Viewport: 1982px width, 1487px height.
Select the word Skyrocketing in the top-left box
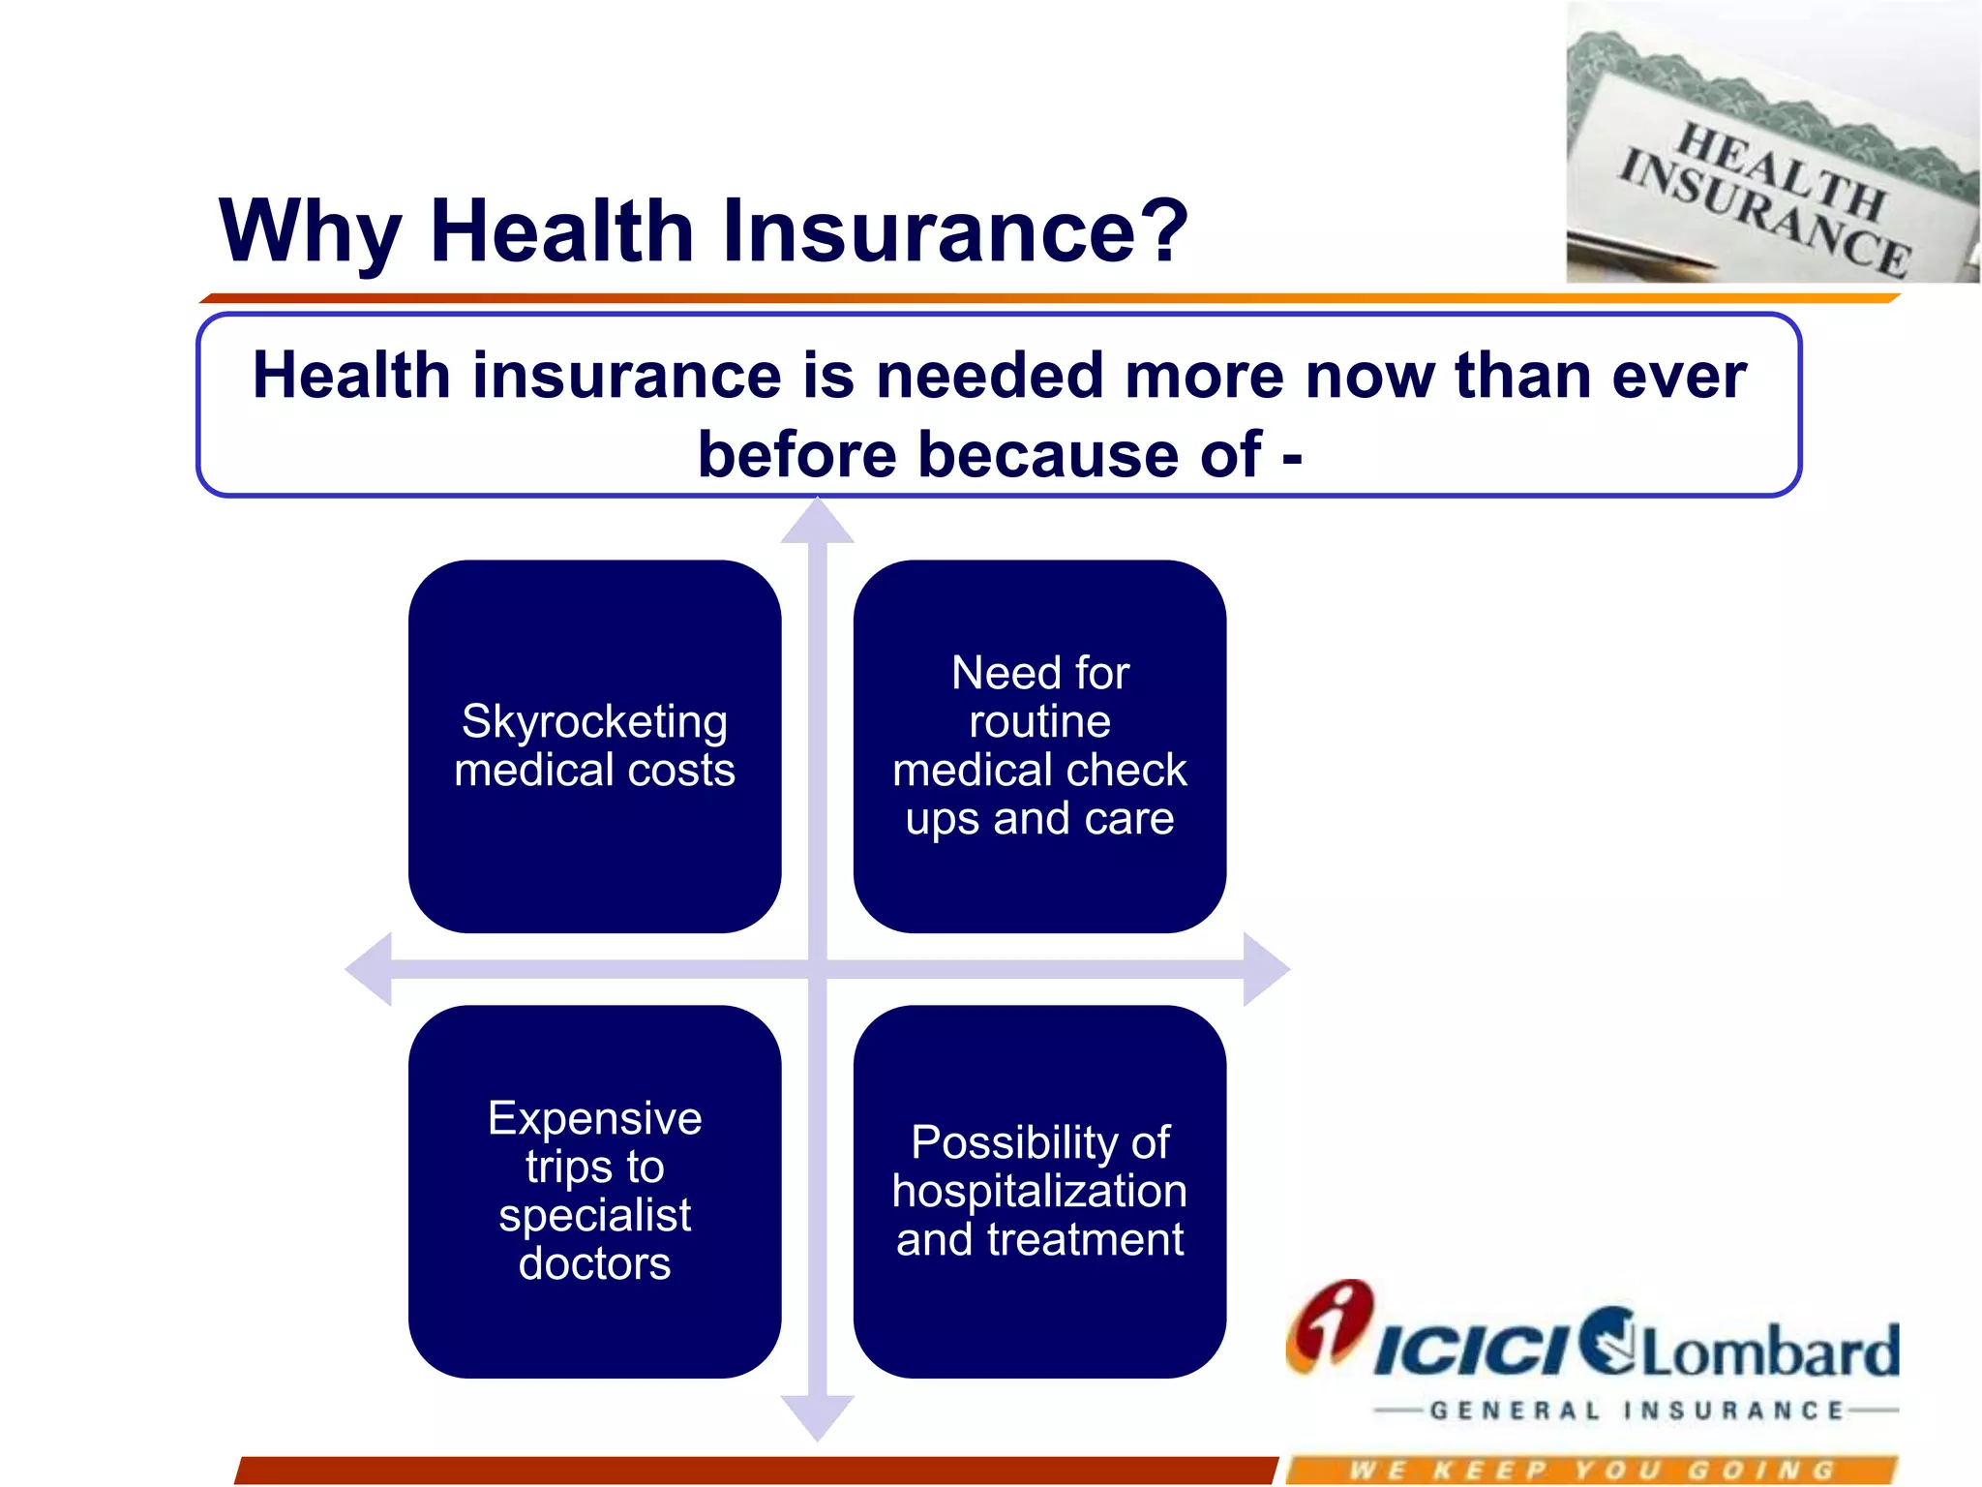coord(594,722)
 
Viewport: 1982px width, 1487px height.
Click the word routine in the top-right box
coord(1039,722)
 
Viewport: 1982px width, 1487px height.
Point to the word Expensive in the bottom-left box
coord(594,1119)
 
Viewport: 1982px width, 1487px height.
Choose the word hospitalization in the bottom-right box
coord(1039,1192)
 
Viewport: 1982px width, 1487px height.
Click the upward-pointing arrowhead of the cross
coord(818,523)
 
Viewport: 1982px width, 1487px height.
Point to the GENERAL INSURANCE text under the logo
coord(1636,1411)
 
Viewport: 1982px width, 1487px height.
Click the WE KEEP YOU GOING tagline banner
coord(1592,1471)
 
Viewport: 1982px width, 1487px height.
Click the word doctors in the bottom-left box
coord(594,1264)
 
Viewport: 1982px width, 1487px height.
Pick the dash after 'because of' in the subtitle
coord(1291,457)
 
